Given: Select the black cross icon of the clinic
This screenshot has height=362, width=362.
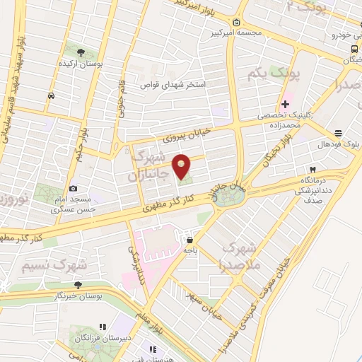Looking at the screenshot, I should (x=285, y=104).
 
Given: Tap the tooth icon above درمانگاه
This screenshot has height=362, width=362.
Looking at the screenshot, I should (x=311, y=170).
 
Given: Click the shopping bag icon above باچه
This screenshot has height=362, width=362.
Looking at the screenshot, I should (x=188, y=238).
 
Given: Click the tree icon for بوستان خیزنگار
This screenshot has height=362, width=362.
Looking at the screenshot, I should (x=78, y=284).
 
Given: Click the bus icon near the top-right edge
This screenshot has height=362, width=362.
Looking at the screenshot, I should (x=353, y=48).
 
